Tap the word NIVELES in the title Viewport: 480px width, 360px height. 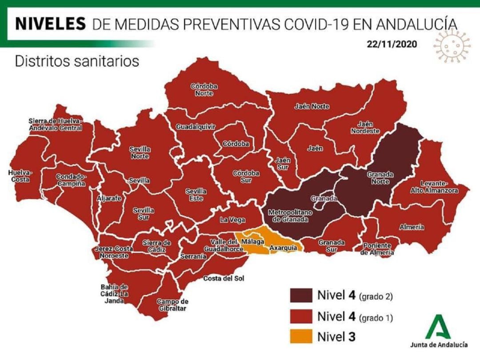click(x=50, y=23)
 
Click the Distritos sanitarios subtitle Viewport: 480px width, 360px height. click(x=77, y=61)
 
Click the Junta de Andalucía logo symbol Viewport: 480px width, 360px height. click(x=439, y=327)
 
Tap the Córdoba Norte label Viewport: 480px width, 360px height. click(x=204, y=90)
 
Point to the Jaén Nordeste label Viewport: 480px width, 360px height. click(x=365, y=128)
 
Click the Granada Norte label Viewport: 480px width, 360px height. click(x=380, y=179)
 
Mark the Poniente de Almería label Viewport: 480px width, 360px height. click(x=376, y=249)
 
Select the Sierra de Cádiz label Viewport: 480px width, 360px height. click(x=156, y=246)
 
